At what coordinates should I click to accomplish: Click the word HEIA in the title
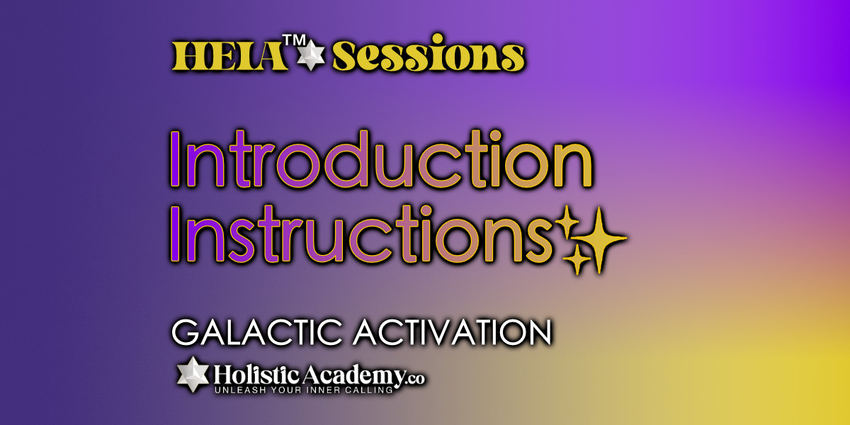229,56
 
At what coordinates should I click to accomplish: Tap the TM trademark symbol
294,40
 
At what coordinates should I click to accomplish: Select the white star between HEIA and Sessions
311,55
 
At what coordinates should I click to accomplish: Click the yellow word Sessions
429,53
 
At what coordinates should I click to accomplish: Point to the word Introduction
381,159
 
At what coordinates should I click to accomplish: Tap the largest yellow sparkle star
599,240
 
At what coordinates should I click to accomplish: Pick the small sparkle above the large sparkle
567,222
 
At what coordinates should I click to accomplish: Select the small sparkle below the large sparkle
577,260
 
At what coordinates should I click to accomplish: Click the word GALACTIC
257,332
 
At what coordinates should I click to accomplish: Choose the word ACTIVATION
453,332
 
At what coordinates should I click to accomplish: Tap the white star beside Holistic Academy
193,375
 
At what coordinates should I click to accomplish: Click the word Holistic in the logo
256,375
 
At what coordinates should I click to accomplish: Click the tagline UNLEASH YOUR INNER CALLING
304,390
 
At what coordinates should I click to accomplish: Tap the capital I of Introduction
175,159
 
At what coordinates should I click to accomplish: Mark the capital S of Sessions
346,56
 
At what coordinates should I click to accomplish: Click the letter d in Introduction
346,159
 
